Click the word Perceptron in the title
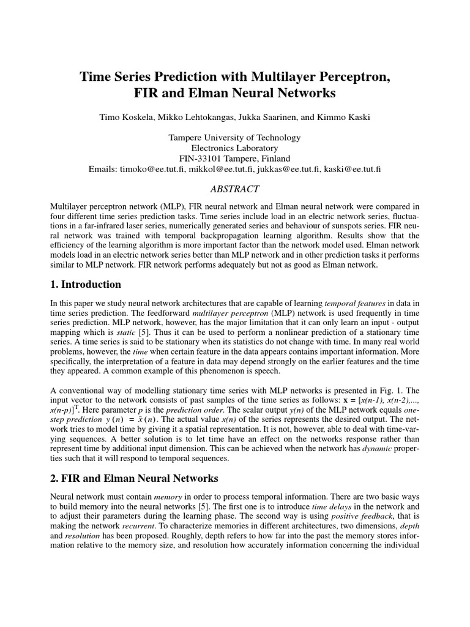click(349, 78)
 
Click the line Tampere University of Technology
click(234, 137)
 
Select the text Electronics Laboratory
click(234, 148)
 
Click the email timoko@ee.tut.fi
click(155, 168)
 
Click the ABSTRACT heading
click(234, 189)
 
